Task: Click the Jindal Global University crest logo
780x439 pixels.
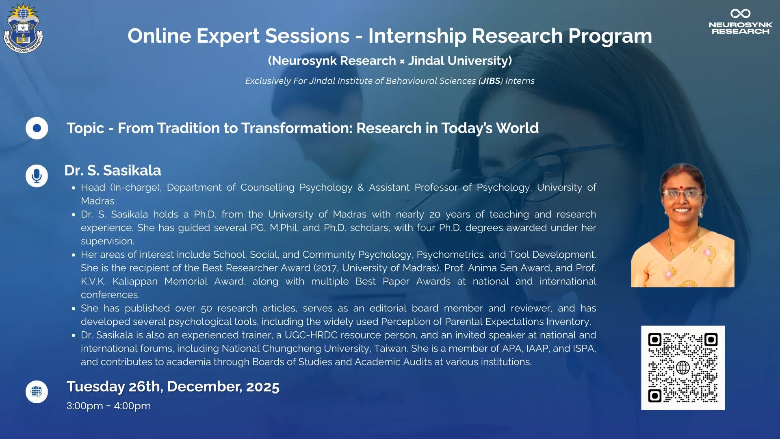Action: click(23, 28)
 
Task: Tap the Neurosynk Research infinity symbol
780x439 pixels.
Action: click(740, 14)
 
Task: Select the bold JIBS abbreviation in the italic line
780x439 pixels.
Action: click(490, 81)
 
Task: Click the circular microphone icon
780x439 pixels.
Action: click(37, 176)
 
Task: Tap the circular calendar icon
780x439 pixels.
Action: click(37, 392)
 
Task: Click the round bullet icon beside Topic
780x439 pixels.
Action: click(37, 128)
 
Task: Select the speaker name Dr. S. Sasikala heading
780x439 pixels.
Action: click(113, 170)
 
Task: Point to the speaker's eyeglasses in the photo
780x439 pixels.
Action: click(682, 194)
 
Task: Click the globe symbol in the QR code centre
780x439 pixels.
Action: click(683, 368)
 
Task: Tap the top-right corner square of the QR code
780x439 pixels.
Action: click(711, 340)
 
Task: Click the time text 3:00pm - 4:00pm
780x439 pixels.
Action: click(108, 406)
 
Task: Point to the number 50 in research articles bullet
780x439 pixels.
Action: click(206, 309)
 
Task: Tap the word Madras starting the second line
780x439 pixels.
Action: click(97, 201)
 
